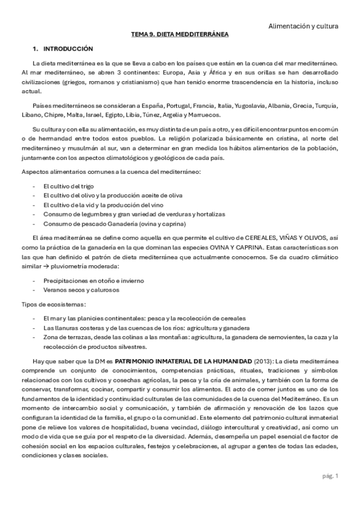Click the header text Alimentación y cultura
click(x=302, y=26)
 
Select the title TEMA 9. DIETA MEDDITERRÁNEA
click(x=180, y=35)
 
